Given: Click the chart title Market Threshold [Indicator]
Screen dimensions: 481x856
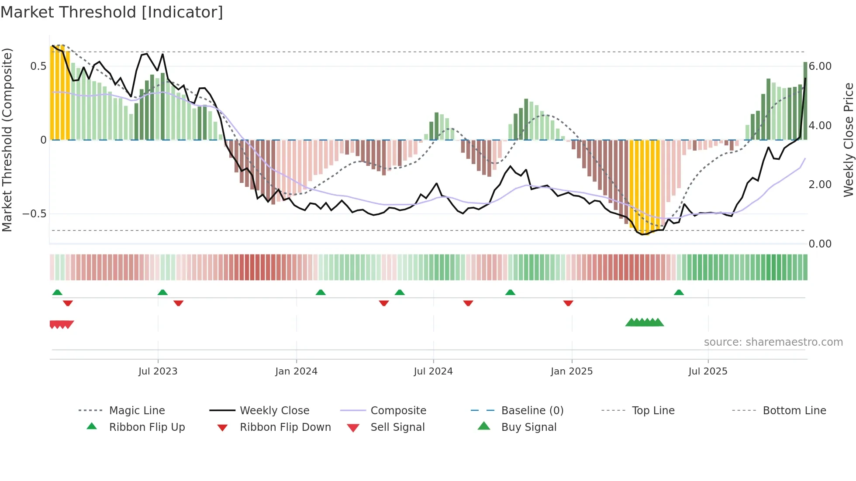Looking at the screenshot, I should click(112, 12).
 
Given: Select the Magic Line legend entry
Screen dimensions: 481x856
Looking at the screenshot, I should click(137, 410).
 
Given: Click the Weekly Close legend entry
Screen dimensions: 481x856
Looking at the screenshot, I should click(274, 410).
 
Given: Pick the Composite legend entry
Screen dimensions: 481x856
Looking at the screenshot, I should click(398, 410).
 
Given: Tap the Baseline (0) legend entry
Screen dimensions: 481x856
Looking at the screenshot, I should click(532, 410).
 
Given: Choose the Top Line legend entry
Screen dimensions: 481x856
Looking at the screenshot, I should click(653, 410).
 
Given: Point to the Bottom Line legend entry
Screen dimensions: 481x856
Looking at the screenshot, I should click(794, 410).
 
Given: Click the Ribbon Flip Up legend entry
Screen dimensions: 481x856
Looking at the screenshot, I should click(147, 427).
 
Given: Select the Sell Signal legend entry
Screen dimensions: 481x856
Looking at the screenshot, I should click(397, 427).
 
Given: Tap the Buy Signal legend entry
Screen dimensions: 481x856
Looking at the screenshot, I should click(528, 427).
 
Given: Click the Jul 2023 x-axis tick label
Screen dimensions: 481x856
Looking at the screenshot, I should click(158, 371).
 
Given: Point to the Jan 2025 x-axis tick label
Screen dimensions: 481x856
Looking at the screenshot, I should click(571, 371).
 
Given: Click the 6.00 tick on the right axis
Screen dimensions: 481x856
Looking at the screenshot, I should click(820, 66).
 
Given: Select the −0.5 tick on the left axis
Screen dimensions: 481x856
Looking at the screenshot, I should click(35, 214).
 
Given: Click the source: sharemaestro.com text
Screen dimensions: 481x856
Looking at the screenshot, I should click(773, 342).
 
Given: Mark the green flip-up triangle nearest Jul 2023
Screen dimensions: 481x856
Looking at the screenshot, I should click(162, 292).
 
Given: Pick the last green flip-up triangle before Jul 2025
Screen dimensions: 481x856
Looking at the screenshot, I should click(679, 292).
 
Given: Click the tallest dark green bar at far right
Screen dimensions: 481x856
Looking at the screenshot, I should click(805, 100).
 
